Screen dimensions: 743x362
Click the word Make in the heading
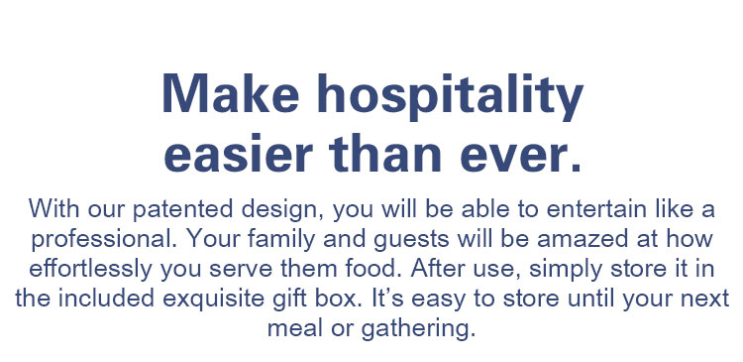[230, 93]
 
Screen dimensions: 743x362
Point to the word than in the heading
[385, 153]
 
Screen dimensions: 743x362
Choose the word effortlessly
[90, 270]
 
